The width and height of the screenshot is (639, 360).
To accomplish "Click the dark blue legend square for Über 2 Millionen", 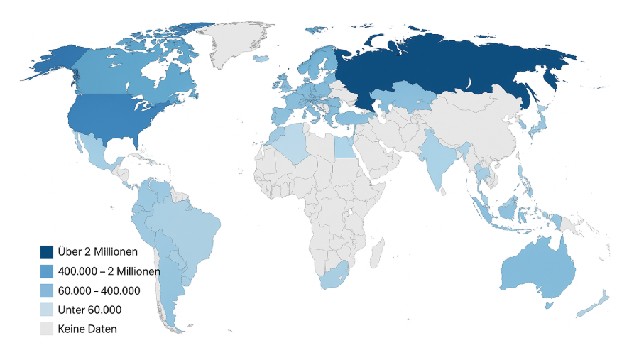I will (x=46, y=251).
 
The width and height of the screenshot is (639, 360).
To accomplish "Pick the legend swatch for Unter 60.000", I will (x=46, y=310).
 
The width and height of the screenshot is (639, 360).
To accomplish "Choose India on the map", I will (x=437, y=160).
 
